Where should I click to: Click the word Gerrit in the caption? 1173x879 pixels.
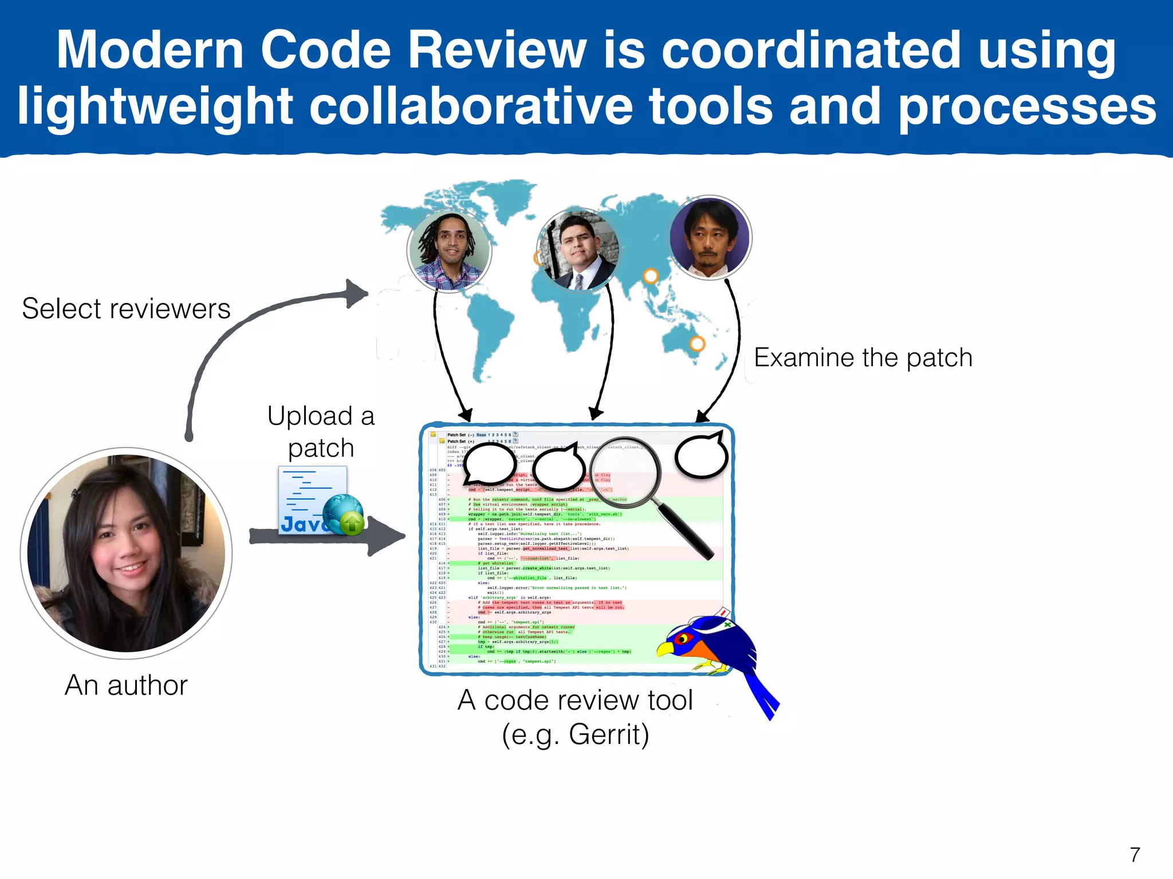point(608,735)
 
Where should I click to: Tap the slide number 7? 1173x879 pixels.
point(1135,854)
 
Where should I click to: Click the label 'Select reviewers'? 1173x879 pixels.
point(126,309)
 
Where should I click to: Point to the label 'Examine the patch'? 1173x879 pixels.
point(863,358)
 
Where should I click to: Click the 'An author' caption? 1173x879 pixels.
point(126,685)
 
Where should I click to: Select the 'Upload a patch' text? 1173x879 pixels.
point(321,432)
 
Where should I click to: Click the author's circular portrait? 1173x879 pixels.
point(127,553)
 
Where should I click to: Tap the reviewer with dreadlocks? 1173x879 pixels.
point(449,250)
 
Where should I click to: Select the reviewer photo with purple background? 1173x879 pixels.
point(710,237)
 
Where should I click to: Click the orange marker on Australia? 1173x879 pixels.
point(697,344)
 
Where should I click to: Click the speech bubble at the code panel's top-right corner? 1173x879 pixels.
point(701,455)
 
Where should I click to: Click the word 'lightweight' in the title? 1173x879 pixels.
point(155,106)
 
